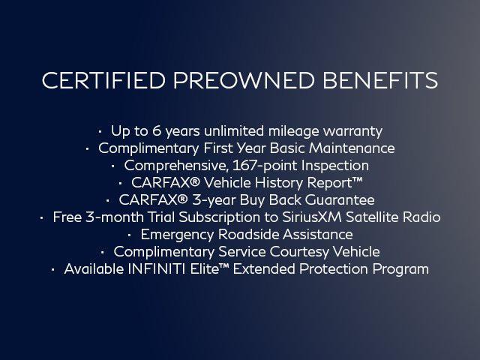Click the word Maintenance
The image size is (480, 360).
[352, 148]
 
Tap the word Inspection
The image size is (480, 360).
[337, 165]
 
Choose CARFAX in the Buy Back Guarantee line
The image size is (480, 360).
[149, 200]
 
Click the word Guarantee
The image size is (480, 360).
[341, 200]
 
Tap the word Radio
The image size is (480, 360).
[422, 217]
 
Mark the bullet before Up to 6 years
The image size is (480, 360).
[100, 130]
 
